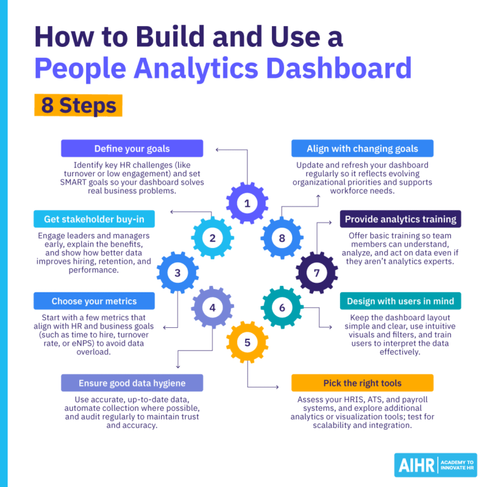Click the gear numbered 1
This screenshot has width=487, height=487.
point(247,204)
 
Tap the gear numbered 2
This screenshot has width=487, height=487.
point(212,238)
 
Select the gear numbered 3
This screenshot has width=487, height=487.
point(178,273)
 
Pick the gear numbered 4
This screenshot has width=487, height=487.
point(212,308)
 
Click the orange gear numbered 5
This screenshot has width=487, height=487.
point(247,343)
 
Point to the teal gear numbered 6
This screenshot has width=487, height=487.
point(282,308)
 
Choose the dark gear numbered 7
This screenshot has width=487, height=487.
point(317,273)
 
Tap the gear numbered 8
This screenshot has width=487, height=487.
point(282,238)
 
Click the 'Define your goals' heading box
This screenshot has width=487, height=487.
point(132,148)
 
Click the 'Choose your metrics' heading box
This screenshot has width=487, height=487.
point(94,301)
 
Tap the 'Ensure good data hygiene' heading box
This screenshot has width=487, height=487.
point(132,383)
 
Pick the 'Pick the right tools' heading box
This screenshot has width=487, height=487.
point(362,383)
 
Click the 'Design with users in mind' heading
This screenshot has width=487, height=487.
point(400,301)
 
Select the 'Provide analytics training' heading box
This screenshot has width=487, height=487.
point(400,219)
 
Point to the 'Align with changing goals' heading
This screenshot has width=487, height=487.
point(362,148)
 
